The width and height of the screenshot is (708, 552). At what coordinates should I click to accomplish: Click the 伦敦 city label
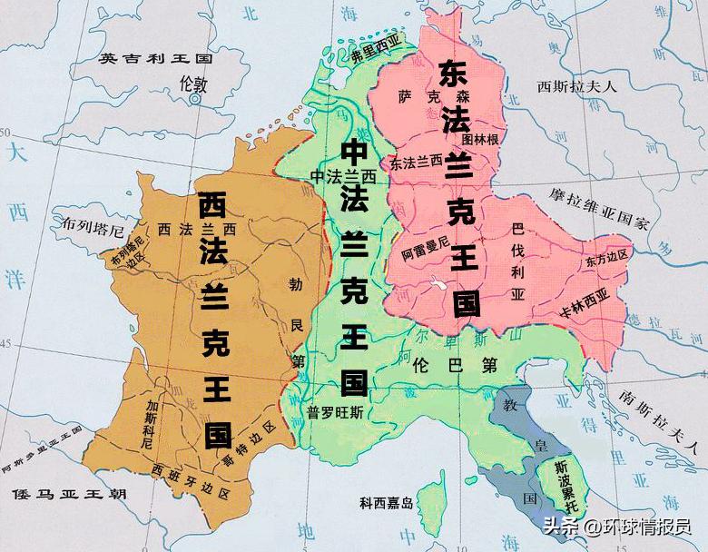194,84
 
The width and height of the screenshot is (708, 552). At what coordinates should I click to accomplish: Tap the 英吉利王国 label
155,58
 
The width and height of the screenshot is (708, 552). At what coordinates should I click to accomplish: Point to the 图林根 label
480,140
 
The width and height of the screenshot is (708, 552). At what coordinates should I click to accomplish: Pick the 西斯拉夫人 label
576,87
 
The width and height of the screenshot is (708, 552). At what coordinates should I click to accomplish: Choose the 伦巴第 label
454,367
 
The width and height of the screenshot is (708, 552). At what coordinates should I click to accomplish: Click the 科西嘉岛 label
387,502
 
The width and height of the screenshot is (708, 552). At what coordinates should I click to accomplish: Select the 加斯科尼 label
152,424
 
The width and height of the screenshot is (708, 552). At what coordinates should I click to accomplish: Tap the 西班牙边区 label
191,473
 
